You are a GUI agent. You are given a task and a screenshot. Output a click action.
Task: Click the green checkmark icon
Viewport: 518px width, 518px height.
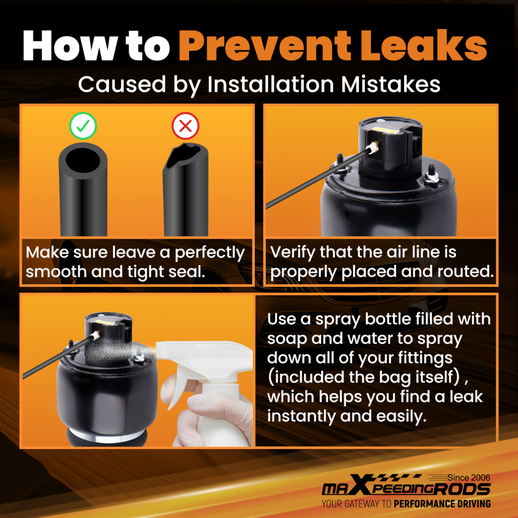(83, 126)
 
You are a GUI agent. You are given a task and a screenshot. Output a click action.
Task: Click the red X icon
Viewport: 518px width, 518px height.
(185, 126)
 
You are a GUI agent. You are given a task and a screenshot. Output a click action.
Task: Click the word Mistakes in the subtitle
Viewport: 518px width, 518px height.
(391, 84)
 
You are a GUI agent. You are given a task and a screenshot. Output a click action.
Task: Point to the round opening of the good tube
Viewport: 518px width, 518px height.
(82, 160)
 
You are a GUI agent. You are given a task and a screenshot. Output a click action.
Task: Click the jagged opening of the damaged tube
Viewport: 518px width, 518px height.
(183, 155)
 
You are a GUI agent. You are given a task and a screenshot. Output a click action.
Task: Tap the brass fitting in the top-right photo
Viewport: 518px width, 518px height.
(373, 148)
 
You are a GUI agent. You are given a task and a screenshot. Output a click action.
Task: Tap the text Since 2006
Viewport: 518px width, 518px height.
(469, 478)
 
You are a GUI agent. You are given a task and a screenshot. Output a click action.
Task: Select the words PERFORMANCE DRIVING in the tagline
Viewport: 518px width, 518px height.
(442, 504)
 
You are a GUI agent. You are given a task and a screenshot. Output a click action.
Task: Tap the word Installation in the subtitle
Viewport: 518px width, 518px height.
(270, 84)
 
